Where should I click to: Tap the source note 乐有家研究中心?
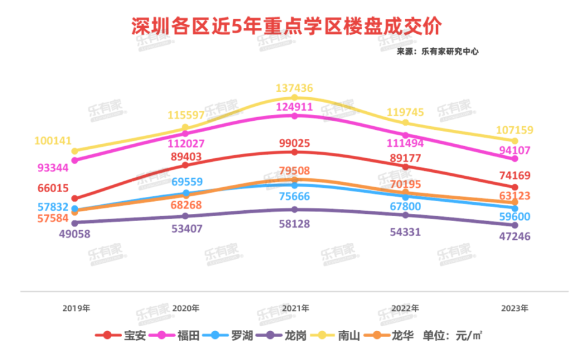point(437,52)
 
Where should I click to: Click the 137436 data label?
point(294,88)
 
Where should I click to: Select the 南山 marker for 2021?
point(295,97)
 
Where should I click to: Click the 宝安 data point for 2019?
point(75,198)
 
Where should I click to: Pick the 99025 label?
point(294,143)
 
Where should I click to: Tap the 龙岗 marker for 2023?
point(515,224)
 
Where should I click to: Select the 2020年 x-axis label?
point(185,308)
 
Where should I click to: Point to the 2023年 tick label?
point(515,308)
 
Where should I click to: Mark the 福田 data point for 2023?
point(515,159)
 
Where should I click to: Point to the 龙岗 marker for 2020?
point(185,216)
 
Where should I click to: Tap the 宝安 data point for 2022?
point(405,166)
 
